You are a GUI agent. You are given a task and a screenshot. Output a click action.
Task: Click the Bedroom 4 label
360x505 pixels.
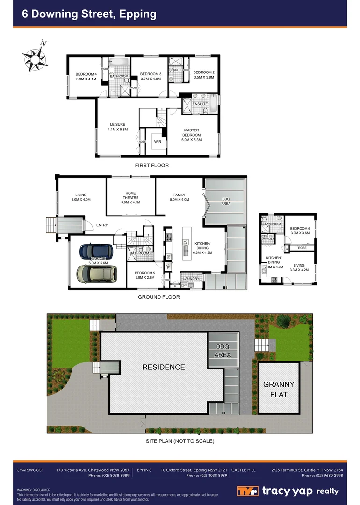(x=86, y=76)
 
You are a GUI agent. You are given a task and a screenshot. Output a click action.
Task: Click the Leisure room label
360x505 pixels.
(x=117, y=127)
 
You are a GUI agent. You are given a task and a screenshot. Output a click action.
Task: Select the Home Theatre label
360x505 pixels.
(x=130, y=195)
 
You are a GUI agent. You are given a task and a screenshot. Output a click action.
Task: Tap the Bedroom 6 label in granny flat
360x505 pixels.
(x=300, y=230)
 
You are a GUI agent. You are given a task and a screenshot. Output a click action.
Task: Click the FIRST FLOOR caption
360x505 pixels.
(x=151, y=166)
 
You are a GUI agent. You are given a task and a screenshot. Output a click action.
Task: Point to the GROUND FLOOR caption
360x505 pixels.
(x=158, y=297)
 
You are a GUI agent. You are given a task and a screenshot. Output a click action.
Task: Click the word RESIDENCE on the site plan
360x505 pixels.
(x=163, y=367)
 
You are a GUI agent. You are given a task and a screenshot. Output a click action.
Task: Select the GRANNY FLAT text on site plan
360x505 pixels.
(x=279, y=389)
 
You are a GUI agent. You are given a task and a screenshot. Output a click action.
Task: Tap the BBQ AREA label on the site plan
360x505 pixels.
(x=223, y=351)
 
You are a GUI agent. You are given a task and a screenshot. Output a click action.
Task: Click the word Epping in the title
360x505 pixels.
(x=138, y=14)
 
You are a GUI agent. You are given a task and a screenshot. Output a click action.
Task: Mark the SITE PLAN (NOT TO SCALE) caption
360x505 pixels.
(x=180, y=441)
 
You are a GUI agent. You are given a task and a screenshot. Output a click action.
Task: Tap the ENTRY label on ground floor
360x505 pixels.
(x=102, y=225)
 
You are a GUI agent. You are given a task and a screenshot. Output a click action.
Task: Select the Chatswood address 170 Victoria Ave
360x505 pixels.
(x=93, y=470)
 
